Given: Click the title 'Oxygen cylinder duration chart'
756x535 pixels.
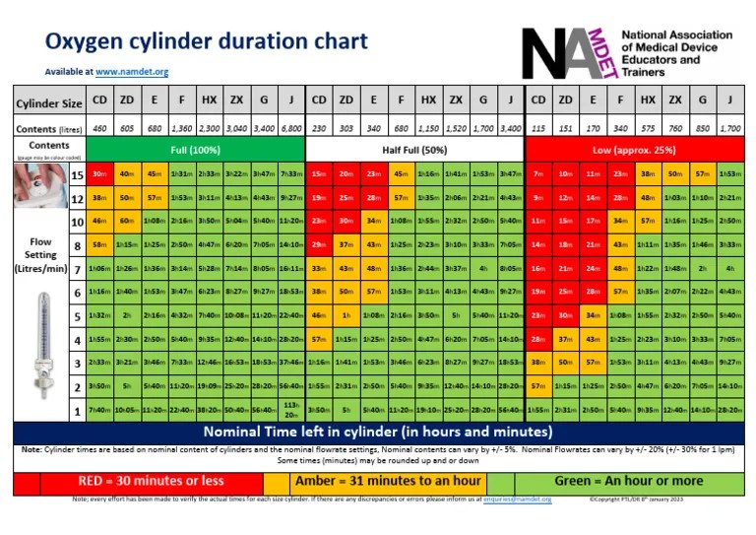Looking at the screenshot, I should pos(207,42).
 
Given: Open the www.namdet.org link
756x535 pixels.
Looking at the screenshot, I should pos(132,72).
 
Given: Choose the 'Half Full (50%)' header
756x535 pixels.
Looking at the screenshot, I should pos(414,147).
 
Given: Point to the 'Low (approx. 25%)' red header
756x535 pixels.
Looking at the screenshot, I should pos(634,147).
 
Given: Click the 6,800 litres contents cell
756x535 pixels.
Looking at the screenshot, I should pos(291,128).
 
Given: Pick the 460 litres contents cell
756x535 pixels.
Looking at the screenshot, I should pos(99,128).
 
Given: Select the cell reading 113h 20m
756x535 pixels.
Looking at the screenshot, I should pos(291,410).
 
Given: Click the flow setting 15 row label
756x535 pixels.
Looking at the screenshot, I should pos(76,173).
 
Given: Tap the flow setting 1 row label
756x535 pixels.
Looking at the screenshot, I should pos(76,410).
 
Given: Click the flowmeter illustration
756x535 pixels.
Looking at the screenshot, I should pos(39,350).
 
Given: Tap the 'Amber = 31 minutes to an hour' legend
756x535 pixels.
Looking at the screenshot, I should pos(385,481).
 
